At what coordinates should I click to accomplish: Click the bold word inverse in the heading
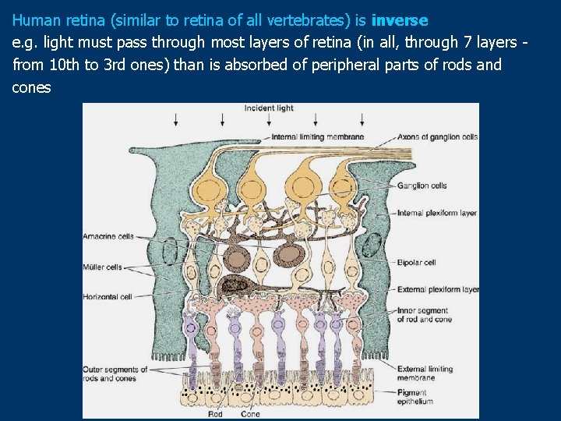point(400,19)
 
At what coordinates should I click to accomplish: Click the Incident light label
point(270,108)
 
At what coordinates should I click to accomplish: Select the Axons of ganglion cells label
point(437,137)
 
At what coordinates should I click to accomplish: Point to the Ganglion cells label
point(422,186)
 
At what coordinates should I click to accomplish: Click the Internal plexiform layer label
point(436,213)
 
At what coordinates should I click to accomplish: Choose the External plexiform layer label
point(437,290)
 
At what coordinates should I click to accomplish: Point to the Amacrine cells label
point(108,236)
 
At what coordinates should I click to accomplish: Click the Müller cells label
point(102,267)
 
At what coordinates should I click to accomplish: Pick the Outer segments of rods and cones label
point(115,373)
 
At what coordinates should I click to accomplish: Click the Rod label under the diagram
point(214,414)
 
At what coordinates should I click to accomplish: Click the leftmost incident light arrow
point(177,119)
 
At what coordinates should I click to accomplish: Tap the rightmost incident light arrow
point(361,119)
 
